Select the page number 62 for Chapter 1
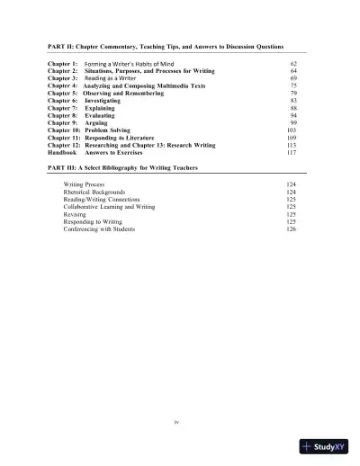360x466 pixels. tap(293, 66)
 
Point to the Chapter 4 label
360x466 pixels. tap(62, 85)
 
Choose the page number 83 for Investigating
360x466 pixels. tap(293, 100)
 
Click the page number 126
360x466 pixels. tap(291, 229)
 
